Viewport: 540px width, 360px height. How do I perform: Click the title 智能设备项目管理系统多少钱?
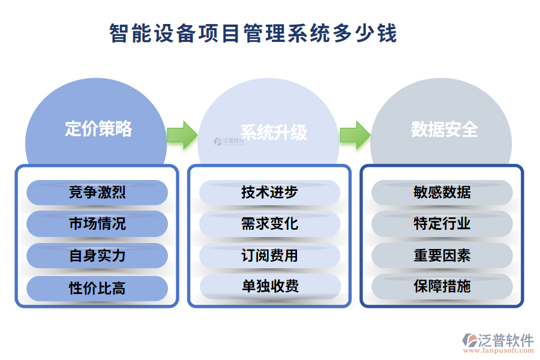pyautogui.click(x=253, y=33)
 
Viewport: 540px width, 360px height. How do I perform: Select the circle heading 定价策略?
pyautogui.click(x=98, y=128)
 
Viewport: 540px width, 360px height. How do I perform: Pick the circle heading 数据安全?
pyautogui.click(x=444, y=128)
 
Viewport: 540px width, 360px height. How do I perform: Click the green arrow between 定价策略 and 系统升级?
pyautogui.click(x=181, y=134)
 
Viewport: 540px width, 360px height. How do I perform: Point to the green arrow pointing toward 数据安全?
pyautogui.click(x=355, y=134)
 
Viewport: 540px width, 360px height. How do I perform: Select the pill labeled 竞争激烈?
pyautogui.click(x=97, y=193)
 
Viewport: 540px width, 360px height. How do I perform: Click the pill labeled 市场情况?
pyautogui.click(x=97, y=224)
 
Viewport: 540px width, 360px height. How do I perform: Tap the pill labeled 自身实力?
pyautogui.click(x=97, y=256)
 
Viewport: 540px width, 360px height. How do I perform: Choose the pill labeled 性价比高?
pyautogui.click(x=97, y=287)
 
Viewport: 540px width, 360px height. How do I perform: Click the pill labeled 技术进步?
pyautogui.click(x=269, y=193)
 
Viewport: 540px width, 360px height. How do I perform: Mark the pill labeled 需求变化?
pyautogui.click(x=269, y=224)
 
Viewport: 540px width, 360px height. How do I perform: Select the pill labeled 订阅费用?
pyautogui.click(x=269, y=256)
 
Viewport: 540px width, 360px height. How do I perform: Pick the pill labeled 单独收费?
pyautogui.click(x=269, y=287)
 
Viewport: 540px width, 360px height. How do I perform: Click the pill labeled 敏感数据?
pyautogui.click(x=442, y=193)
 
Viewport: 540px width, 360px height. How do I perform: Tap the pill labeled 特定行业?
pyautogui.click(x=442, y=224)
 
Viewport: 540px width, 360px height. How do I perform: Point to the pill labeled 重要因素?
pyautogui.click(x=442, y=256)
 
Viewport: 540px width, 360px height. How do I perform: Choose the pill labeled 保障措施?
pyautogui.click(x=442, y=287)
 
